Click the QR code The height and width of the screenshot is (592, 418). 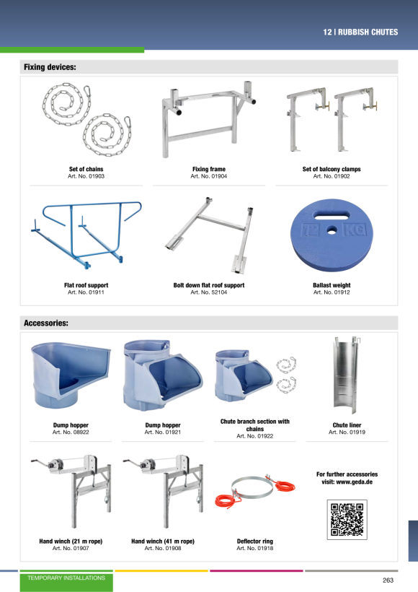click(347, 520)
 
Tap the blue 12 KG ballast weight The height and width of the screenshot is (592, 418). click(332, 235)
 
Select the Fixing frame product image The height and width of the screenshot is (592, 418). click(208, 118)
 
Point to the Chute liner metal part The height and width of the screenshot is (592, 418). click(347, 375)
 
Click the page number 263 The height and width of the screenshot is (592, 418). click(388, 580)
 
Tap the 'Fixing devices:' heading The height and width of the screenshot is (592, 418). click(50, 67)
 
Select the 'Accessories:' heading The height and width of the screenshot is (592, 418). click(46, 323)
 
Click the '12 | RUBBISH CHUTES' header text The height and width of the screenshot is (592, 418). click(360, 32)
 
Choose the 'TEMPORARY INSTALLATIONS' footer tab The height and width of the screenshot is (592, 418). click(66, 578)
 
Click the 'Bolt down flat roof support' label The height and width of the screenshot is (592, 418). click(209, 285)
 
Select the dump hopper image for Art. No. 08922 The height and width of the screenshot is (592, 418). click(71, 374)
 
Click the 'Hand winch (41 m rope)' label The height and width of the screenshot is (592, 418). click(163, 541)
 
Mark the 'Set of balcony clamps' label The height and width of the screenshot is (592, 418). click(332, 169)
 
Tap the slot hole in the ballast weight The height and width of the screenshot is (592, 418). click(332, 217)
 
